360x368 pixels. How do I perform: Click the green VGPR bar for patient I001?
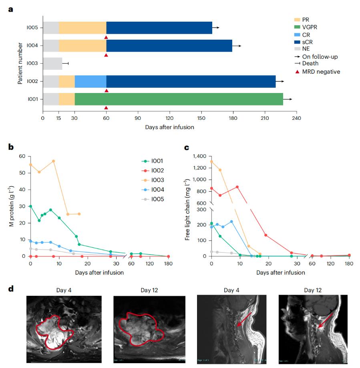pyautogui.click(x=179, y=99)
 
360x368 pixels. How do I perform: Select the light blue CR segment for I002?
pyautogui.click(x=91, y=81)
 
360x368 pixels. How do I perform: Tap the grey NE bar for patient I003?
pyautogui.click(x=52, y=64)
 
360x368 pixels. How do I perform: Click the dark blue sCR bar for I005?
pyautogui.click(x=159, y=28)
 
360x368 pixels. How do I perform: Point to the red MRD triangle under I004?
pyautogui.click(x=106, y=55)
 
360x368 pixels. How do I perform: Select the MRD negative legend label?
pyautogui.click(x=321, y=72)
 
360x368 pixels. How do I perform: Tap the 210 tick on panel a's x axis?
pyautogui.click(x=265, y=118)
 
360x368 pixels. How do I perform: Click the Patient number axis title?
pyautogui.click(x=20, y=63)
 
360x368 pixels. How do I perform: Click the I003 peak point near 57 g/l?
pyautogui.click(x=53, y=161)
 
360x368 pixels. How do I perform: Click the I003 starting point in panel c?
pyautogui.click(x=211, y=162)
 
